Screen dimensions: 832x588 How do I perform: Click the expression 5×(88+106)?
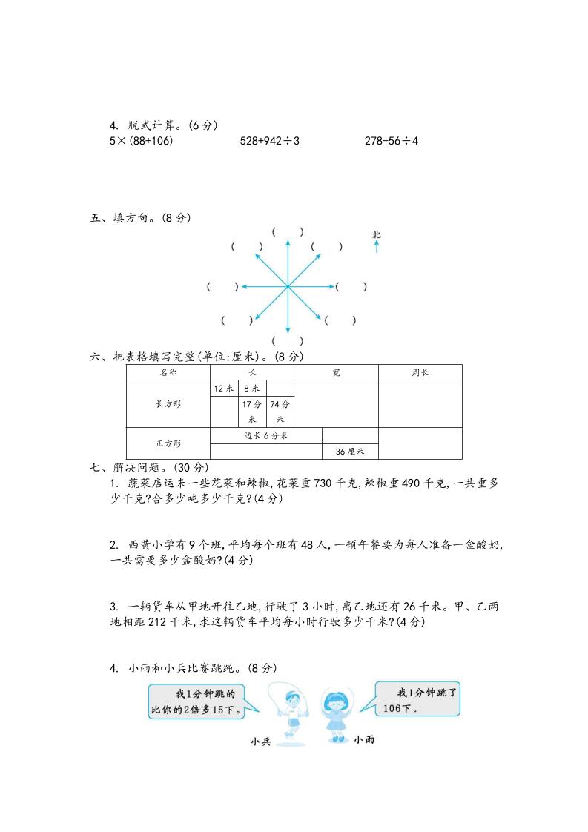(141, 141)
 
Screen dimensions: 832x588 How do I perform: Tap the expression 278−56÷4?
(392, 141)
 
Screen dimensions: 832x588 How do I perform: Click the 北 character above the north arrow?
(377, 235)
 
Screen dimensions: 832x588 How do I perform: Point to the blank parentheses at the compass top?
(288, 232)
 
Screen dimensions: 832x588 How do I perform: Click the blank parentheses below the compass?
(288, 341)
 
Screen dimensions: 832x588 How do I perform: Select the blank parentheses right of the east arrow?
(351, 286)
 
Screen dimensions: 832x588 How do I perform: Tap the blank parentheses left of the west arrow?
(222, 286)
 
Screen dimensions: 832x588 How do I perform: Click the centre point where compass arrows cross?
(288, 286)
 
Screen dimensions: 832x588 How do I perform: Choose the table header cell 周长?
(420, 372)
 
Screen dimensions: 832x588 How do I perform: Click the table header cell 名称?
(168, 372)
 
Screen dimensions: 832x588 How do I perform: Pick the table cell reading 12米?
(224, 389)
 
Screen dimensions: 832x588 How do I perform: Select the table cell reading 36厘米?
(350, 452)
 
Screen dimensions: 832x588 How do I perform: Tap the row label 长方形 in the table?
(168, 404)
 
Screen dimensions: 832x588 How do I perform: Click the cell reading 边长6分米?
(265, 435)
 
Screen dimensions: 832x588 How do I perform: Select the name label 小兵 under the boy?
(261, 741)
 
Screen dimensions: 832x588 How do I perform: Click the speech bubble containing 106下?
(417, 699)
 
